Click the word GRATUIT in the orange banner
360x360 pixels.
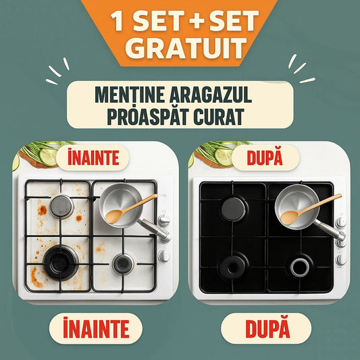(x=186, y=48)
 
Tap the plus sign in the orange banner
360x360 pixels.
(x=197, y=20)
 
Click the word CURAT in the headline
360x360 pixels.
(x=219, y=117)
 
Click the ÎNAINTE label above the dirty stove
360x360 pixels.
(x=93, y=157)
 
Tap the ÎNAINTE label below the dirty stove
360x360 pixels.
(x=96, y=328)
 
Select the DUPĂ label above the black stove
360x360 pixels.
(x=265, y=157)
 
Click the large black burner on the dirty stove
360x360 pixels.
(x=61, y=262)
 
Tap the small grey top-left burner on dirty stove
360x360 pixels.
(x=61, y=207)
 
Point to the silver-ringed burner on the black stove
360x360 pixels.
(x=300, y=267)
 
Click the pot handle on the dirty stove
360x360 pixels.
(x=154, y=230)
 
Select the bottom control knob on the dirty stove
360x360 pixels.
(x=163, y=256)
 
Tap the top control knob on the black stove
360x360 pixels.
(x=340, y=222)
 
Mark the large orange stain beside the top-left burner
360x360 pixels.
(x=43, y=210)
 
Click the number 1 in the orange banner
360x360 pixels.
(x=117, y=21)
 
